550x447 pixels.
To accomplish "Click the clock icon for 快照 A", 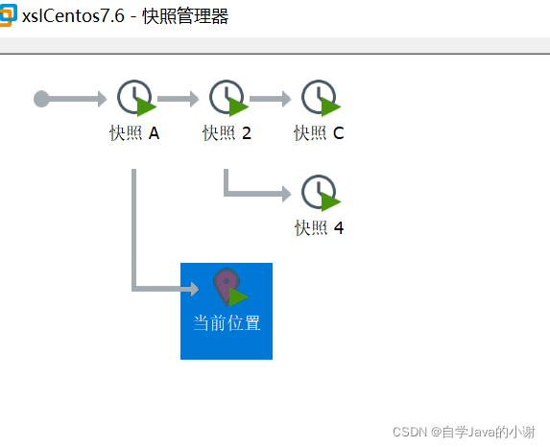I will [x=134, y=98].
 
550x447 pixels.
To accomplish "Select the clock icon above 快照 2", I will [x=227, y=98].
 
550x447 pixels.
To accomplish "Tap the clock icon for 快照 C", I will [x=319, y=98].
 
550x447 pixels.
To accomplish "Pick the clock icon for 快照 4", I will [x=319, y=192].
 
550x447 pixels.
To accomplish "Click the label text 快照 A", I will [x=134, y=133].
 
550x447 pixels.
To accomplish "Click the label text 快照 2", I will [x=227, y=133].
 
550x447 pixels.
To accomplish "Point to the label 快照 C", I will [x=319, y=133].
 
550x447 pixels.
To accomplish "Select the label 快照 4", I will [x=319, y=228].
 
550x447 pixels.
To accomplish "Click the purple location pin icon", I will [x=226, y=285].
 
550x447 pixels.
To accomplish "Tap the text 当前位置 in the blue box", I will [x=227, y=323].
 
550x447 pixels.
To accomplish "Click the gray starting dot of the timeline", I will [x=41, y=99].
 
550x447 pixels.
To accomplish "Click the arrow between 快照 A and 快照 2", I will [x=179, y=98].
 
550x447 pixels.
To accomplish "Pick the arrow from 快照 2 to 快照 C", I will [x=271, y=98].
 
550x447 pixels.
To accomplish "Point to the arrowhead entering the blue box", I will [x=192, y=287].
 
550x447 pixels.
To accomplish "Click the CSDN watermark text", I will [x=470, y=433].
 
